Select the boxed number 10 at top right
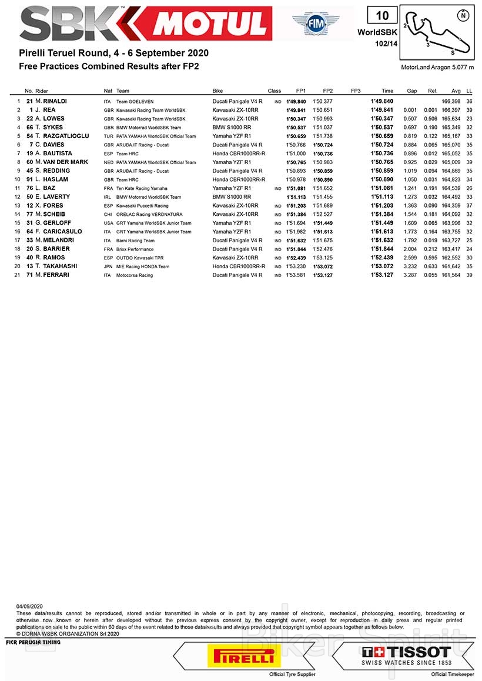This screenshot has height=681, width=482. coord(383,15)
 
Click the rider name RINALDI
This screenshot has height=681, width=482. coord(55,101)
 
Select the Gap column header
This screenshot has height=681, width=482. coord(412,91)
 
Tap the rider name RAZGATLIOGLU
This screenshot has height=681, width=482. coord(66,136)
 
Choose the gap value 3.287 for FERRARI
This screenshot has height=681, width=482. coord(410,275)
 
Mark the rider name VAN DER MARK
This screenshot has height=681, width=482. coord(65,162)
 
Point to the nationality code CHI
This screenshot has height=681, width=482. coord(108,215)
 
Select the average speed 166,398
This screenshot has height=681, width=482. coord(451,102)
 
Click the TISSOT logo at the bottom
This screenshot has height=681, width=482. coord(406,653)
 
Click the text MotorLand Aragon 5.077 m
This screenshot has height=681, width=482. coord(437,68)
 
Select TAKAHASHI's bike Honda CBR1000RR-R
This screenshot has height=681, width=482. coord(239,266)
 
